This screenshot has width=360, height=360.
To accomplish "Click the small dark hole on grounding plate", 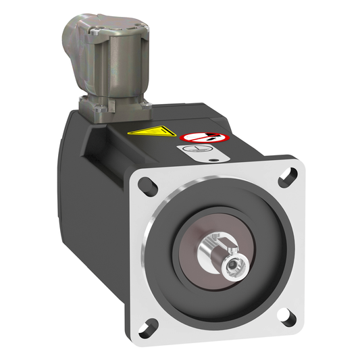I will [x=214, y=160].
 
